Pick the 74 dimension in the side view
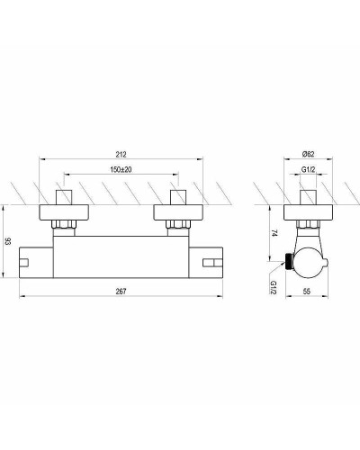pyautogui.click(x=273, y=232)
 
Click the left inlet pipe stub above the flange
pyautogui.click(x=66, y=195)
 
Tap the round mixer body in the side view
pyautogui.click(x=309, y=256)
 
